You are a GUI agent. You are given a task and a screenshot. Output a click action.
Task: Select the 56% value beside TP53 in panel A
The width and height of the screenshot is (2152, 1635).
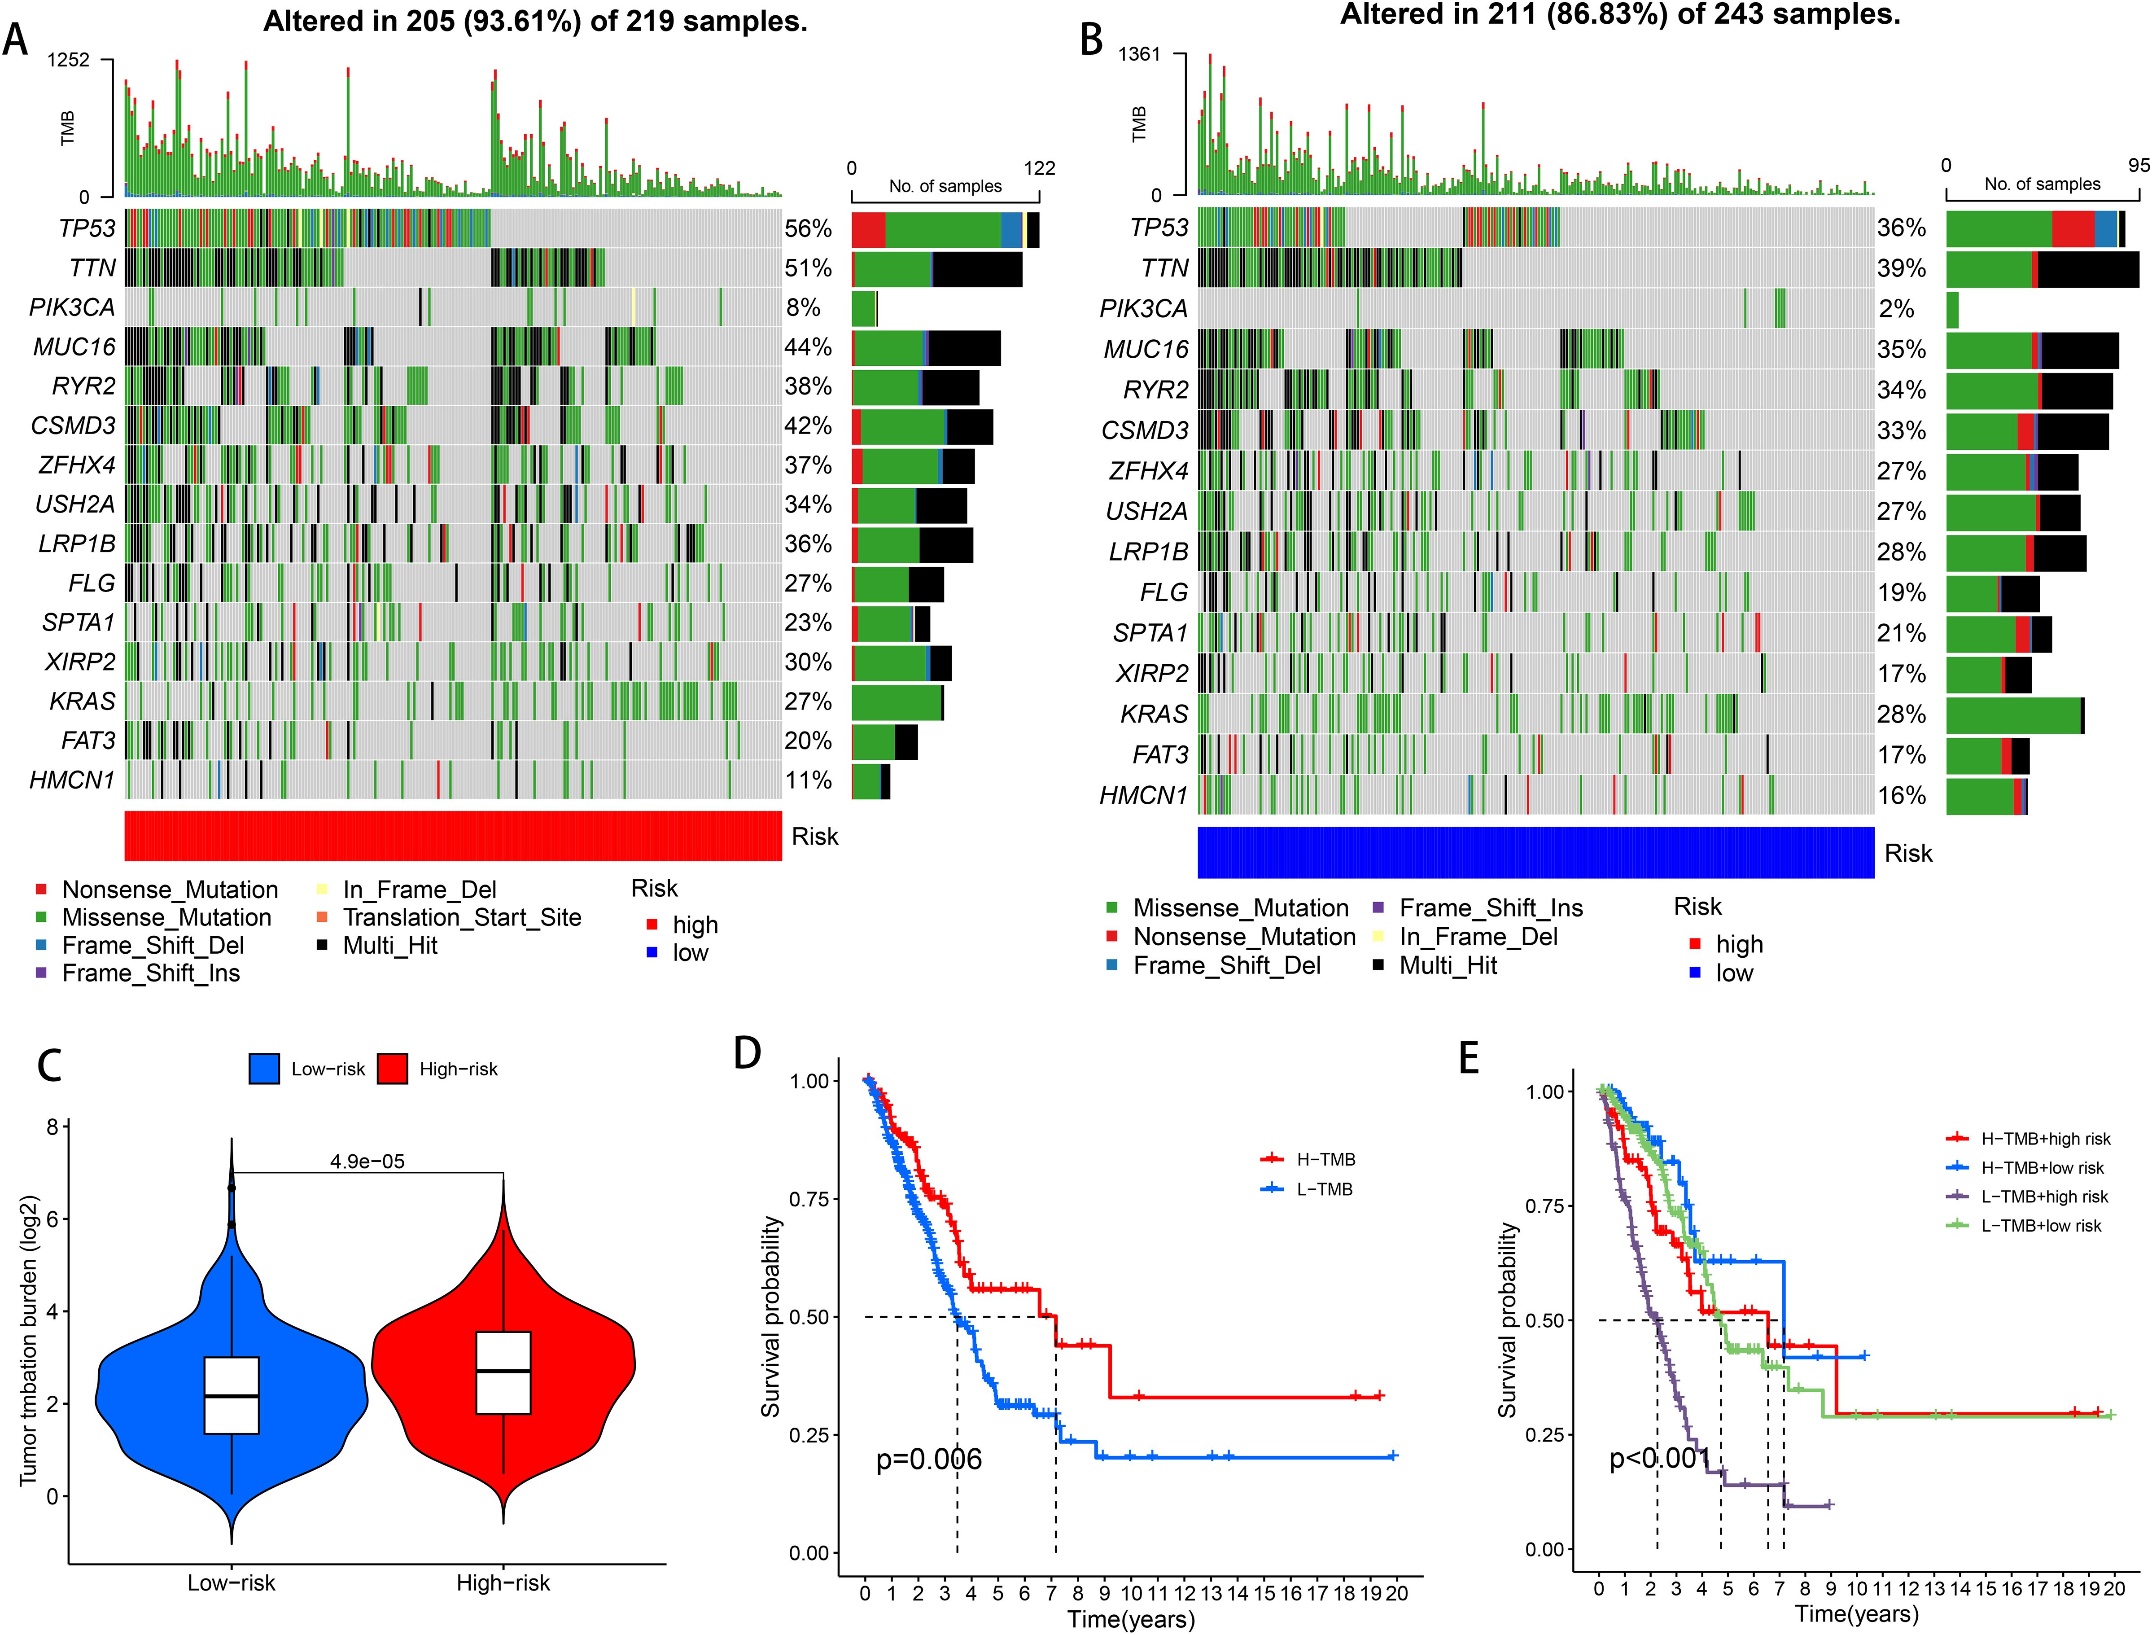tap(808, 229)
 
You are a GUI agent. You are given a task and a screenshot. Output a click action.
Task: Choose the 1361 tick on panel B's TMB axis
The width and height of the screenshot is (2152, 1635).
tap(1139, 54)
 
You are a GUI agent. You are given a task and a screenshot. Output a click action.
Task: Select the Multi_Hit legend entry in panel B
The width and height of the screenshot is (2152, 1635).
tap(1448, 965)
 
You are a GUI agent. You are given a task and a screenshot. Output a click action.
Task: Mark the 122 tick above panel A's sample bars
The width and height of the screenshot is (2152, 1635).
tap(1039, 168)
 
